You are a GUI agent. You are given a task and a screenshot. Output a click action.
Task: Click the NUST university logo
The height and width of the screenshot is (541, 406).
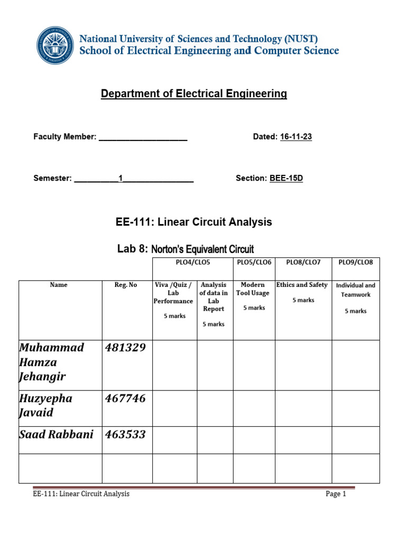coord(56,45)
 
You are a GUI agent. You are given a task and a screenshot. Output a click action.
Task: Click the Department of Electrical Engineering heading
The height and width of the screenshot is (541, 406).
coord(194,94)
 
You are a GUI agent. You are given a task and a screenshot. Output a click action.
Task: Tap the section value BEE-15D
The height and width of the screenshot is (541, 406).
coord(286,178)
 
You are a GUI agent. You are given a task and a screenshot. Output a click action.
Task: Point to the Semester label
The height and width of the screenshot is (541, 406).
coord(52,178)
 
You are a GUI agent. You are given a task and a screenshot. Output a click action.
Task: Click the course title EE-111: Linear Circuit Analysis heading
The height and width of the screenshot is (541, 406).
coord(193,222)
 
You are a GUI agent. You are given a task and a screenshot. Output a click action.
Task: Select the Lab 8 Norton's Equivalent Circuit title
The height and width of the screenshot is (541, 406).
coord(185,249)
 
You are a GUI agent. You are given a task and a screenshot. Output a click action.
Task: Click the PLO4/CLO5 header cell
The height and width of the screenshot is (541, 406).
coord(192,263)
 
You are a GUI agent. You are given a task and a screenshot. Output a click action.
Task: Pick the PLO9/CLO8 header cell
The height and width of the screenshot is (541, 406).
coord(355,263)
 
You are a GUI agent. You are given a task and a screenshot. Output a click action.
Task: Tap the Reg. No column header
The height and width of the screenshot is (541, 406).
coord(126,285)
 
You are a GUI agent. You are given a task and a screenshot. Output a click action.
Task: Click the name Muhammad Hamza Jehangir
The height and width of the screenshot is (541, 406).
coord(52,362)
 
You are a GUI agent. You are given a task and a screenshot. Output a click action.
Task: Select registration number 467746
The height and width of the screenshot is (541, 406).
coord(125,398)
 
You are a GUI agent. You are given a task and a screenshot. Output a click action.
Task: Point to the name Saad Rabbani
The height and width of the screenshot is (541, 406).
coord(56,434)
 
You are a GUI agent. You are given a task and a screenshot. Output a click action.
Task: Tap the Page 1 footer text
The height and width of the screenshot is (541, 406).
coord(336,494)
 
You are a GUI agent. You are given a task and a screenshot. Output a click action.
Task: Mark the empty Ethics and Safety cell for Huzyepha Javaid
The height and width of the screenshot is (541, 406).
coord(303,408)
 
